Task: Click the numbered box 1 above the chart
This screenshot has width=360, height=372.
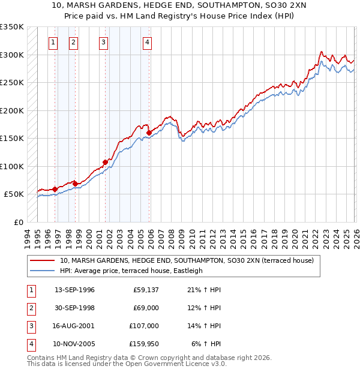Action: (53, 42)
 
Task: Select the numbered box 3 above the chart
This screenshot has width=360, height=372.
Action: (104, 42)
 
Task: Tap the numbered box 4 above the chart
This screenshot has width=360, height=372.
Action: (147, 42)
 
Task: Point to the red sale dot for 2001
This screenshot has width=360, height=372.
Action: (105, 162)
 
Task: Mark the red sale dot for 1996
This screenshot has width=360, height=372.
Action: (55, 189)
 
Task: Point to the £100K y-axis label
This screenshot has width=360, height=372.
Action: (12, 166)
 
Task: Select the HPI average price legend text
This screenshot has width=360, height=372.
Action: (131, 271)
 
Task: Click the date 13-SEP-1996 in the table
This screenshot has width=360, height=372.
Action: (74, 290)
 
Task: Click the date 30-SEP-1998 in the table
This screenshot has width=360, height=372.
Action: (74, 308)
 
